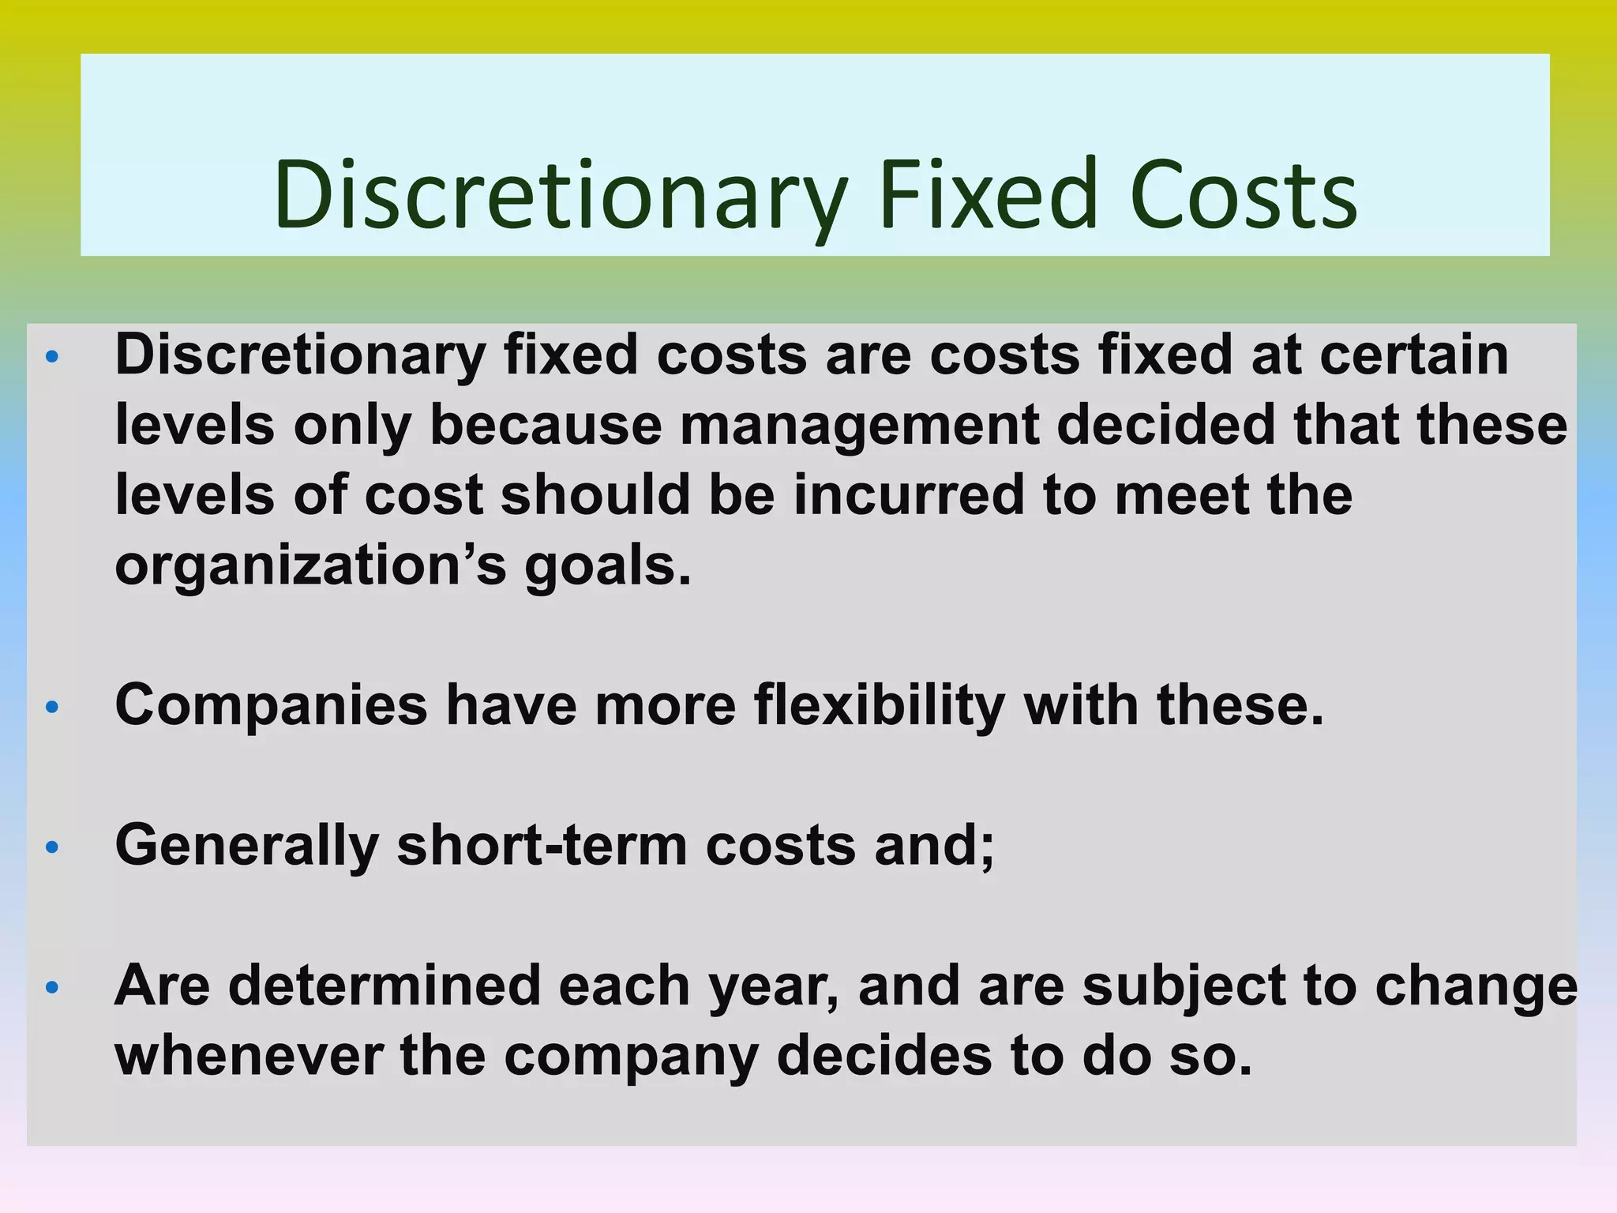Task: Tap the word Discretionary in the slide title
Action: tap(561, 194)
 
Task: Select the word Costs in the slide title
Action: tap(1244, 194)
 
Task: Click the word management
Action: tap(859, 425)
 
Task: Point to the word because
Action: tap(545, 425)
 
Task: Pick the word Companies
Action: tap(271, 705)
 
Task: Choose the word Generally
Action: tap(247, 846)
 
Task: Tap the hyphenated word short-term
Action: tap(542, 846)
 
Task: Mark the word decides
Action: tap(884, 1056)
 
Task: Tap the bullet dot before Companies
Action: tap(52, 707)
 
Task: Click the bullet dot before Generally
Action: tap(52, 847)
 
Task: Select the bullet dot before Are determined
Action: tap(52, 987)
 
